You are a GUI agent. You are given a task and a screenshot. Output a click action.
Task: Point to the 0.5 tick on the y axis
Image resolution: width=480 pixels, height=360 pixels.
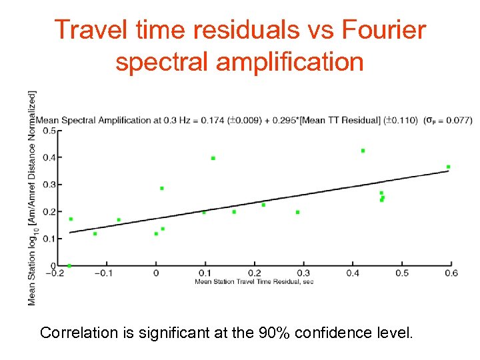(x=49, y=131)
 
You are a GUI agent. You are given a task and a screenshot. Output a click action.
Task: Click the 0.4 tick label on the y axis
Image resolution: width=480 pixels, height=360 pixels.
(x=49, y=158)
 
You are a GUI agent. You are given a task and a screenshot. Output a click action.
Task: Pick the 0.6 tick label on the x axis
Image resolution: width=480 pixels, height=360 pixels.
(x=451, y=273)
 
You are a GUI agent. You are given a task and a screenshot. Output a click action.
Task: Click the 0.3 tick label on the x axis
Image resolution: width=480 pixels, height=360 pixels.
(x=303, y=273)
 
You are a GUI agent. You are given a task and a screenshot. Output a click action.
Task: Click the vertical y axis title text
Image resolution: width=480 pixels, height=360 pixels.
(x=31, y=198)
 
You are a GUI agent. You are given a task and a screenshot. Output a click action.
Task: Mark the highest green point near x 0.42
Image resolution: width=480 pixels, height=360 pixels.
(x=363, y=151)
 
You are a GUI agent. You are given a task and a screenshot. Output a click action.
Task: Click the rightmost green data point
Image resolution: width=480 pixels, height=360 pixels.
(x=448, y=167)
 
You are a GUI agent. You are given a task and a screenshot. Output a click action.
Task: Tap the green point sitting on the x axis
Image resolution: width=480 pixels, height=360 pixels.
(x=69, y=265)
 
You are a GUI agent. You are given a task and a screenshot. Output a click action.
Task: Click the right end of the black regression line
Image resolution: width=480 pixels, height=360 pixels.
(x=449, y=171)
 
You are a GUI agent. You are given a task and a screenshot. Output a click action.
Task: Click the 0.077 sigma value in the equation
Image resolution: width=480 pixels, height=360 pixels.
(x=458, y=121)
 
